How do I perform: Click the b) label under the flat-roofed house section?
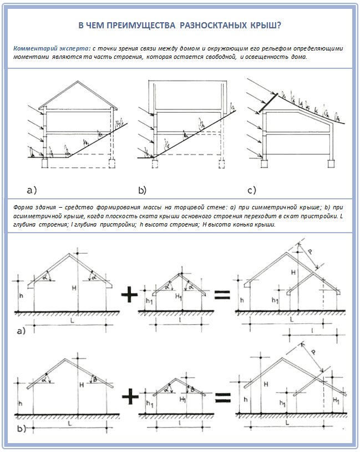pos(142,190)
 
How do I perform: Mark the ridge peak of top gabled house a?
pos(74,92)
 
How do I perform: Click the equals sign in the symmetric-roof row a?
pos(222,295)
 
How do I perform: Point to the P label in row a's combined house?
pos(311,252)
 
